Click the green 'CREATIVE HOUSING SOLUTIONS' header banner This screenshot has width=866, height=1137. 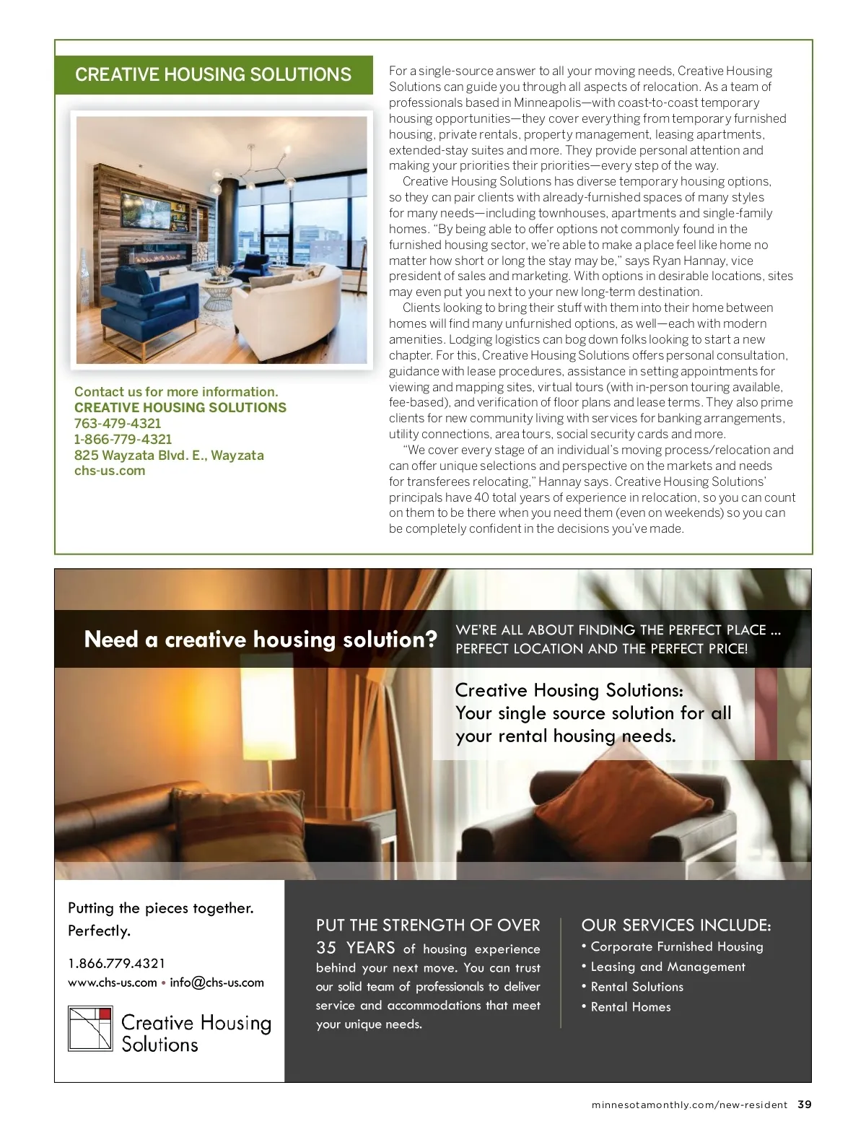214,74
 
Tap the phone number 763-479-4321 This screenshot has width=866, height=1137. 118,424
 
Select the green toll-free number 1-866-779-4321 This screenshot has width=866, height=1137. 123,440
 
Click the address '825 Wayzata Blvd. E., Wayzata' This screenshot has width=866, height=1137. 169,456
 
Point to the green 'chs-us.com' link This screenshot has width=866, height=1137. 110,471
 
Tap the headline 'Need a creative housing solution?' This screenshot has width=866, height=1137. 261,639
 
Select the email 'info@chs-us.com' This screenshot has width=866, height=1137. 216,983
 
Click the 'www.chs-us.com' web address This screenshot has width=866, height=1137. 113,983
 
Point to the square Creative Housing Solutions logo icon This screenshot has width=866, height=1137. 90,1028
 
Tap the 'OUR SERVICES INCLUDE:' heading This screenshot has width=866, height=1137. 676,925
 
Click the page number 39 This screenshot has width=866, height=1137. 805,1105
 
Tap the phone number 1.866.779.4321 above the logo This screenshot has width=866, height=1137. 117,963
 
